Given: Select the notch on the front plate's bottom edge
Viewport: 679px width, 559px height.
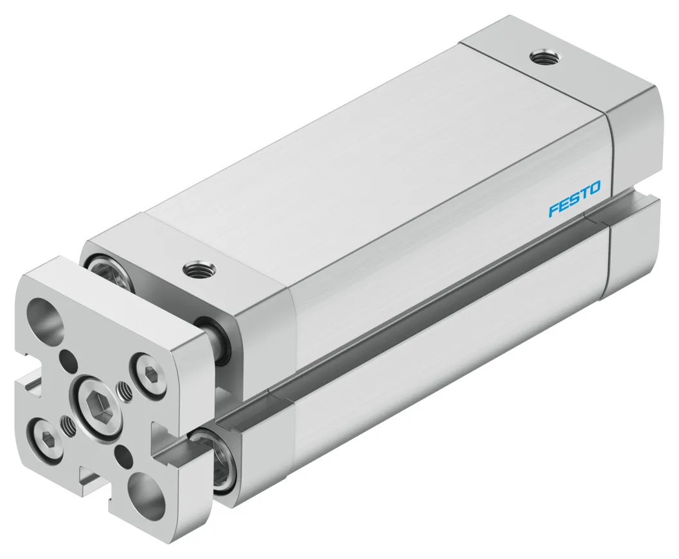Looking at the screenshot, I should coord(91,478).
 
